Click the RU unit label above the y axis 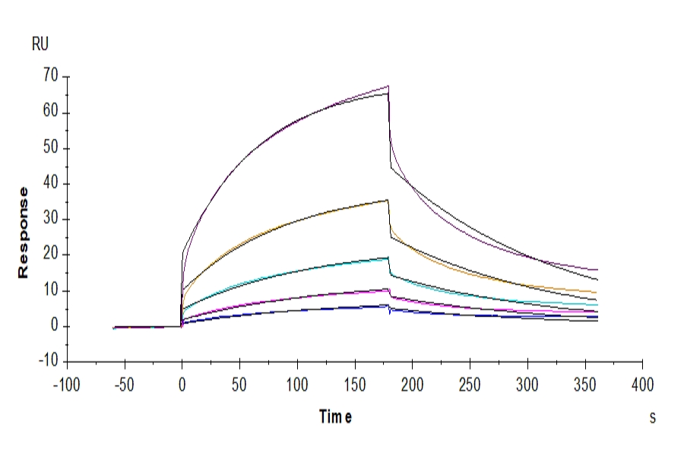coord(40,44)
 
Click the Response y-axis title coord(23,232)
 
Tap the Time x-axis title coord(335,416)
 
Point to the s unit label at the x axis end coord(652,417)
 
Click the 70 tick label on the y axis coord(51,76)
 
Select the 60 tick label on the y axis coord(51,112)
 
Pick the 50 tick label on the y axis coord(51,148)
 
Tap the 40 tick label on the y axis coord(51,184)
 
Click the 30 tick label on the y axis coord(51,220)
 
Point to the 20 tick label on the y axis coord(51,255)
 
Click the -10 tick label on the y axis coord(48,362)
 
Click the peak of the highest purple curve coord(388,86)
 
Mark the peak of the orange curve coord(388,200)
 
